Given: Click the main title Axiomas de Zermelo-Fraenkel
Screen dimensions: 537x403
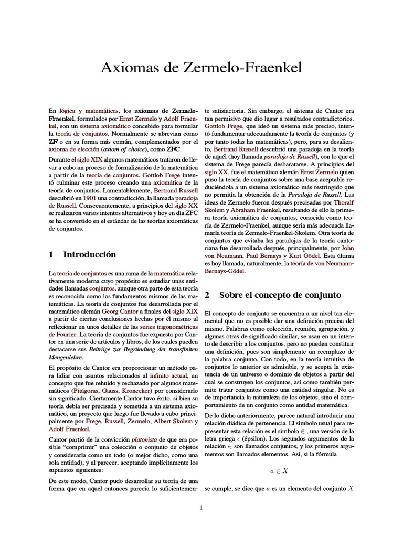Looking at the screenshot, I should [201, 68].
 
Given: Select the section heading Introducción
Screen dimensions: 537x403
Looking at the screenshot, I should [90, 255].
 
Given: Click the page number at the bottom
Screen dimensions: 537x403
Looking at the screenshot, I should [201, 507].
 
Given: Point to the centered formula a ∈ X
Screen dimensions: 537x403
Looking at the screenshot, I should [279, 471].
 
